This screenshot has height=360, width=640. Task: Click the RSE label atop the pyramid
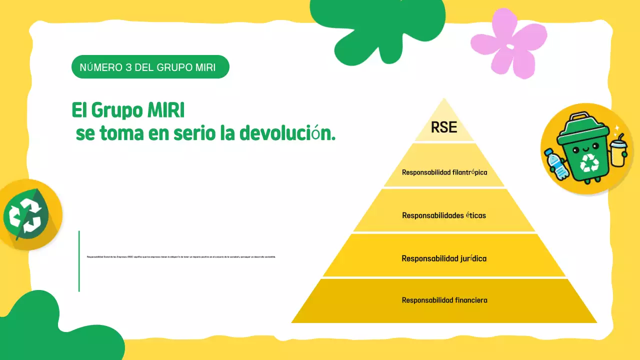pyautogui.click(x=444, y=127)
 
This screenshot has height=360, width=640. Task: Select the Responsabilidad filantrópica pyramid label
pyautogui.click(x=444, y=172)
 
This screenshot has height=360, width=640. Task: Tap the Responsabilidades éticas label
pyautogui.click(x=444, y=215)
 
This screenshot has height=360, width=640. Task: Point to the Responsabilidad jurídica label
pyautogui.click(x=444, y=258)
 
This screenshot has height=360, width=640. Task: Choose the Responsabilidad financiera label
pyautogui.click(x=444, y=300)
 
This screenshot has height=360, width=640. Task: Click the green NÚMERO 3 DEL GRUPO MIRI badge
pyautogui.click(x=150, y=67)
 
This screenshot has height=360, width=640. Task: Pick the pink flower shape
pyautogui.click(x=509, y=44)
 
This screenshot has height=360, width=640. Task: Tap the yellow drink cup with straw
pyautogui.click(x=618, y=150)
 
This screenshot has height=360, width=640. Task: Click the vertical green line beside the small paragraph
pyautogui.click(x=79, y=260)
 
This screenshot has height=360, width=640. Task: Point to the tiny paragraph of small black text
pyautogui.click(x=181, y=256)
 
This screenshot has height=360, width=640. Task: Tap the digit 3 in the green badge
pyautogui.click(x=129, y=67)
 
